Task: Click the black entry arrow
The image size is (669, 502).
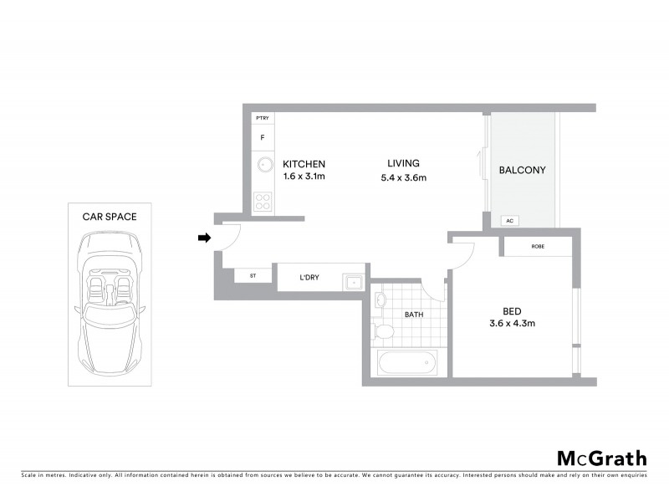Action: pos(204,238)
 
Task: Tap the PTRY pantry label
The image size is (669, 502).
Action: pos(263,119)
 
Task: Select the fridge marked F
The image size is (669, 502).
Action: pos(263,137)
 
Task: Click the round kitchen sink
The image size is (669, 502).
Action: pos(263,165)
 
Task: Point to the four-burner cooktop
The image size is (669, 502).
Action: pos(263,202)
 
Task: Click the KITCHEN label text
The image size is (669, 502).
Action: pos(304,164)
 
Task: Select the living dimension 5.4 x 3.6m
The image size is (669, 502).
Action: pos(403,177)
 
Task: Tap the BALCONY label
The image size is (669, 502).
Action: pos(522,170)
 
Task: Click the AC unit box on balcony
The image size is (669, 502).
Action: pos(508,221)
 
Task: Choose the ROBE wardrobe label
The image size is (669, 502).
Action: pos(537,247)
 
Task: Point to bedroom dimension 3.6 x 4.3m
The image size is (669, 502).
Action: pos(512,323)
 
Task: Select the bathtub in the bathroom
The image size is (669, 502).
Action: pos(406,363)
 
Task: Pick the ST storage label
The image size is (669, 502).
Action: pos(252,276)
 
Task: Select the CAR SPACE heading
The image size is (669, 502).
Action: pos(110,216)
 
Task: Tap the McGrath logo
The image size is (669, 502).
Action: pos(601,458)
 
